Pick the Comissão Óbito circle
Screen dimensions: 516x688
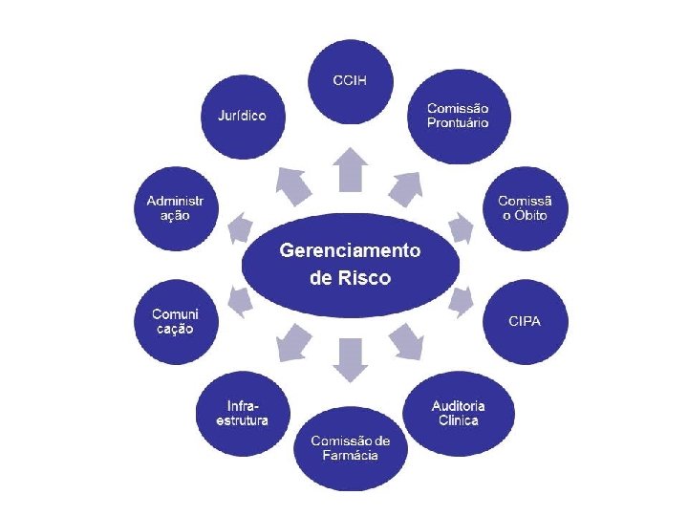click(525, 207)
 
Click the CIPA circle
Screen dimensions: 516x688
click(525, 321)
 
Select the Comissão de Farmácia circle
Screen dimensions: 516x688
click(349, 447)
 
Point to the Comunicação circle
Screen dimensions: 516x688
click(175, 321)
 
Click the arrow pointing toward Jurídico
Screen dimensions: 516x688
click(292, 182)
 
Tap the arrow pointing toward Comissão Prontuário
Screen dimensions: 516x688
click(408, 182)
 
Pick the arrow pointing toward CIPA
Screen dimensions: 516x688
click(461, 302)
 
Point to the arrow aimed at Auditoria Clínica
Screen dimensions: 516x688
click(407, 339)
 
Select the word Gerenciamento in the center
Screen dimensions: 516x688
click(350, 251)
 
